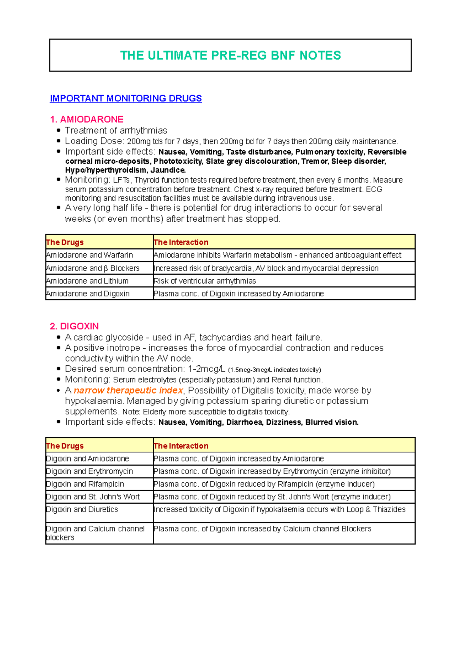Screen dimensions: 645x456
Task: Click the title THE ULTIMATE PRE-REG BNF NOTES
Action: pos(230,55)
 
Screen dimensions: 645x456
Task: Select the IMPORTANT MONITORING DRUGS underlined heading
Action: pos(126,98)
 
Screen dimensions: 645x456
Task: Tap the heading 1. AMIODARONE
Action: pos(87,119)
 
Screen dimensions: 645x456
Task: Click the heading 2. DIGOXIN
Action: pos(74,326)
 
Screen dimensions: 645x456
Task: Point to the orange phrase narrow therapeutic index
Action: pos(128,390)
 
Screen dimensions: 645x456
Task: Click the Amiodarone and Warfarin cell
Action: pos(89,255)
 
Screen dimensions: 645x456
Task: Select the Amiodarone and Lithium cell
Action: pos(87,281)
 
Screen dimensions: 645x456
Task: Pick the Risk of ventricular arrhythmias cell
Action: pos(204,281)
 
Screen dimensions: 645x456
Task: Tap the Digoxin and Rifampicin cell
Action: pos(85,484)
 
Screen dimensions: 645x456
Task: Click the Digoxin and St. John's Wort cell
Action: pos(93,496)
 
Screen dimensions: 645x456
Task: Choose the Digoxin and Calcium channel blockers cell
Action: pos(95,533)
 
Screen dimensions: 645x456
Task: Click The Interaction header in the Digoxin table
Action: pos(181,446)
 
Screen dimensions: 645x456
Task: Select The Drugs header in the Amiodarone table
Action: pos(65,242)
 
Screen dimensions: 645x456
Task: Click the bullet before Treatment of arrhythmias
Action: pos(58,130)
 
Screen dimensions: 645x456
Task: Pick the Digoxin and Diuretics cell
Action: pos(82,509)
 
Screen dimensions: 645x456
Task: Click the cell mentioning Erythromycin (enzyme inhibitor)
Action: pos(272,471)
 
